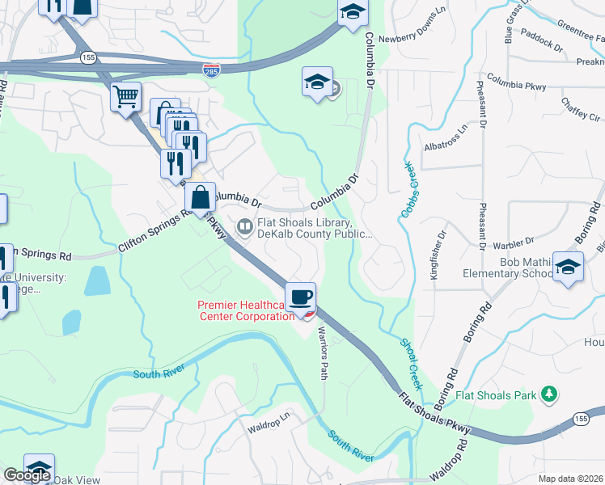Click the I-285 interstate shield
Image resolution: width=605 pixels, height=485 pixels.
[210, 70]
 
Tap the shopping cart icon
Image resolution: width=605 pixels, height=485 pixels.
[126, 98]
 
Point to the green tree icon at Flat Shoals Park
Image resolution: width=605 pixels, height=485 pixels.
[550, 394]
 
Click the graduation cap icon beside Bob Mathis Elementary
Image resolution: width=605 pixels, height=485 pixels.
[569, 268]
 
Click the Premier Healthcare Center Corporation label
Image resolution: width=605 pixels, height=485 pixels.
[246, 310]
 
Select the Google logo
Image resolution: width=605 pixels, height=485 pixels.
[27, 475]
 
